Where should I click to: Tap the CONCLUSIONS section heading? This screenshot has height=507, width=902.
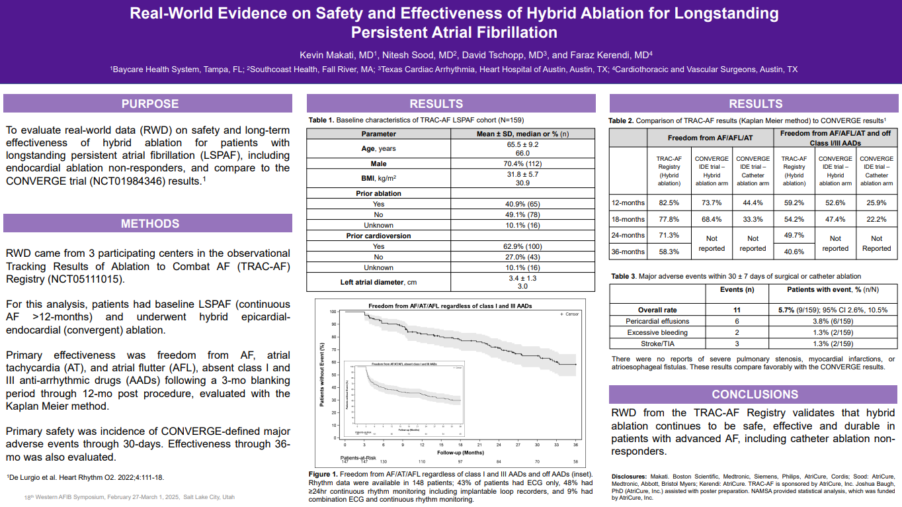click(x=755, y=394)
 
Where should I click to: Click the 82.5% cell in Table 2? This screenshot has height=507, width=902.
click(x=669, y=203)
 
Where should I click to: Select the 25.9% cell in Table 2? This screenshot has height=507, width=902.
click(x=876, y=203)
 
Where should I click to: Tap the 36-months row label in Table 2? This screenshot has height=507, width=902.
click(x=628, y=252)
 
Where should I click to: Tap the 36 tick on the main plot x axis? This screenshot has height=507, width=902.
click(x=575, y=445)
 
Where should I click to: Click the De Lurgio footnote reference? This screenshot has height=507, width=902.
click(x=86, y=477)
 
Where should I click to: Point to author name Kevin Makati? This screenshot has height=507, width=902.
click(x=338, y=55)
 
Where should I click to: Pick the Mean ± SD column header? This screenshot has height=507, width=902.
click(x=522, y=134)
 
